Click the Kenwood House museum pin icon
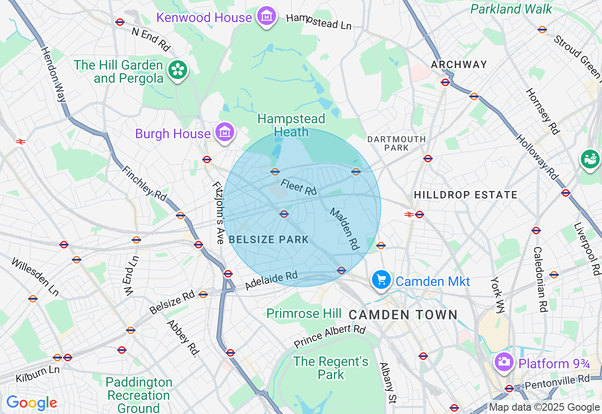267,16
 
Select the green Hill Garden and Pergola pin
178,71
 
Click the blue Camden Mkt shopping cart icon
381,280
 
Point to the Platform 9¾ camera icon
504,362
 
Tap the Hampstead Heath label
291,126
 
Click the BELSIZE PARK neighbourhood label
269,239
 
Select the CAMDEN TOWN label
403,315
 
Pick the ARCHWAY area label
459,64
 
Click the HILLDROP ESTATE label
465,195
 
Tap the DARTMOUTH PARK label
396,143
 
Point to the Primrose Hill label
304,313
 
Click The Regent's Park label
331,368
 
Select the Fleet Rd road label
299,187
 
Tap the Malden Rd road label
344,229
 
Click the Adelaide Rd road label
271,280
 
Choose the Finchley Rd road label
144,183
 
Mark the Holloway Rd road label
537,157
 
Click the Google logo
32,403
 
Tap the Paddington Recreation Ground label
139,395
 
